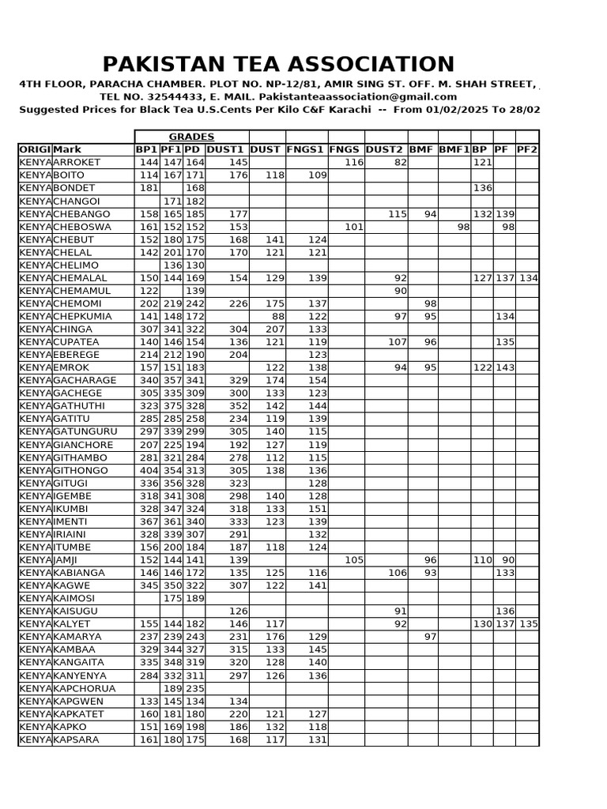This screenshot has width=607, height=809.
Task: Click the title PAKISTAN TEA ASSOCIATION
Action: point(279,64)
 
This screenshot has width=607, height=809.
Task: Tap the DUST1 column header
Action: point(227,149)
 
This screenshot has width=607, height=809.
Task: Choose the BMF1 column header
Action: point(454,149)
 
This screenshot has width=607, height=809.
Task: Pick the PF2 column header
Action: point(527,149)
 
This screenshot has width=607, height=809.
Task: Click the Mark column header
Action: point(68,149)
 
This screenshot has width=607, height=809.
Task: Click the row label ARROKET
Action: point(77,162)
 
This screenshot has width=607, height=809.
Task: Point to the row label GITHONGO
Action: point(81,470)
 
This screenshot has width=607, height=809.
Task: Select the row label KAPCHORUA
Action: point(84,688)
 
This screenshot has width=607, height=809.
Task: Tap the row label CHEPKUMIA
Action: point(82,316)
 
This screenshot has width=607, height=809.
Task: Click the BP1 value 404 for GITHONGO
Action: point(149,470)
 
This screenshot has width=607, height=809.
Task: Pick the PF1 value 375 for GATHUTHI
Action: point(172,406)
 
